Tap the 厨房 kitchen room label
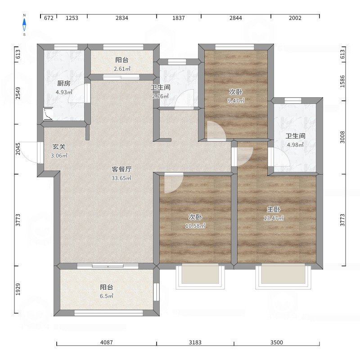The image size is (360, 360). [64, 83]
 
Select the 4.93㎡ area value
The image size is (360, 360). [64, 92]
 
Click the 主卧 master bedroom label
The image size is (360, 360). [274, 209]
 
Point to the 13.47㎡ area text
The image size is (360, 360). [274, 218]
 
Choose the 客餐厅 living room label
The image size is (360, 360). [121, 169]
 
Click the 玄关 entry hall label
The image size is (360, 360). [59, 147]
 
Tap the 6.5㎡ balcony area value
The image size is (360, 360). [107, 296]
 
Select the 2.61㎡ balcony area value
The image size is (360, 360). [122, 69]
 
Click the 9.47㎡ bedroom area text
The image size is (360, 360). [236, 100]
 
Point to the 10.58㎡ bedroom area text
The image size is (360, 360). [195, 226]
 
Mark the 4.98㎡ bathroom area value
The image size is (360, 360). [295, 144]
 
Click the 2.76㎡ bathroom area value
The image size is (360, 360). [160, 96]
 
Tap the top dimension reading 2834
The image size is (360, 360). [121, 18]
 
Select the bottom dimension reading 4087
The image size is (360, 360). [107, 342]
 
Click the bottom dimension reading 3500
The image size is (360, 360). [277, 342]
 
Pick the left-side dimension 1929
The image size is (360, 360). [18, 289]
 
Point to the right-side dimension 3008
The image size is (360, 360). [342, 137]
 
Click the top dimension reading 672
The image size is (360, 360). [49, 18]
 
